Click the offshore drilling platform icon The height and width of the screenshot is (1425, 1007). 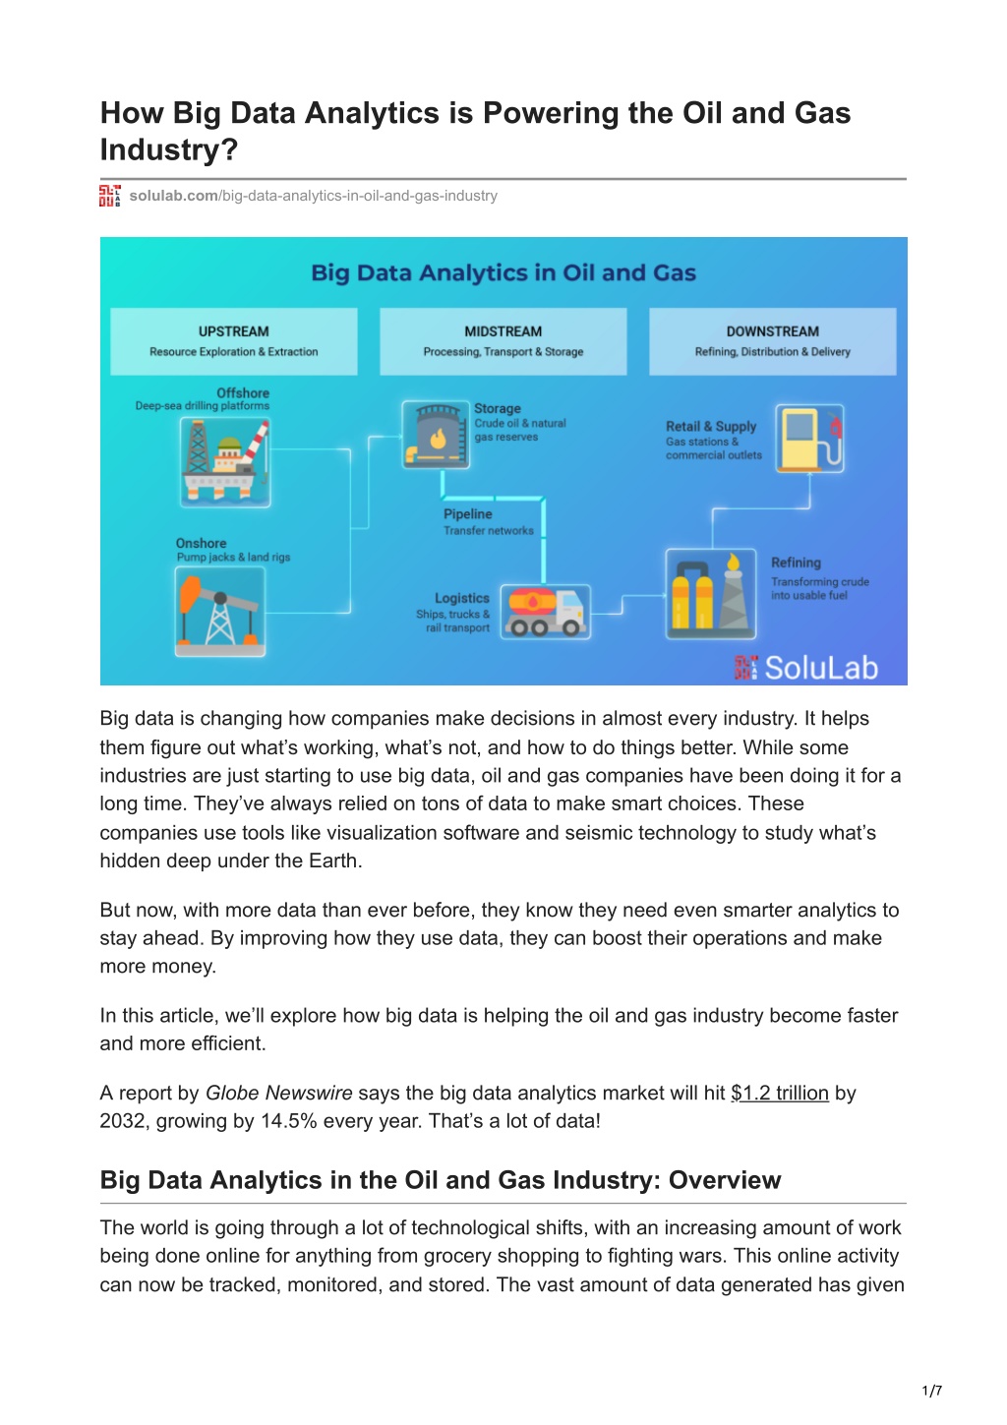(x=225, y=462)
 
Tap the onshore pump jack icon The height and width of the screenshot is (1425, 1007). (x=220, y=612)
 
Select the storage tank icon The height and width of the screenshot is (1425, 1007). (x=436, y=435)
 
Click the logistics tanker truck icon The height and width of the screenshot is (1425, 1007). (x=545, y=612)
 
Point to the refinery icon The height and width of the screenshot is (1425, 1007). (x=711, y=594)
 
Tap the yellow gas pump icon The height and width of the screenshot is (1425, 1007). (x=809, y=439)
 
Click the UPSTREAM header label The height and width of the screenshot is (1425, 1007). (x=233, y=331)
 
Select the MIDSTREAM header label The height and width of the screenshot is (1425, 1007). (x=503, y=331)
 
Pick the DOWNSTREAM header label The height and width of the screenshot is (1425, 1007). (x=773, y=331)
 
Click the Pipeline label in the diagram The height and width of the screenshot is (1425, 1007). (x=468, y=514)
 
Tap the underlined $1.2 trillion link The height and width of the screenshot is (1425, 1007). (x=780, y=1093)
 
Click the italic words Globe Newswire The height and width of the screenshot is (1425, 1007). (x=278, y=1093)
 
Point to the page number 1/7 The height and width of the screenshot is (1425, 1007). (x=932, y=1391)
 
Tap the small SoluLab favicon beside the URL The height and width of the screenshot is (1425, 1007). (x=109, y=196)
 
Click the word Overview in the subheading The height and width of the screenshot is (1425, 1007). (x=725, y=1180)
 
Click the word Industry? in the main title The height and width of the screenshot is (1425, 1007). (x=168, y=149)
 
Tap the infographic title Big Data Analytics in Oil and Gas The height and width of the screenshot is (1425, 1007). (x=503, y=272)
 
